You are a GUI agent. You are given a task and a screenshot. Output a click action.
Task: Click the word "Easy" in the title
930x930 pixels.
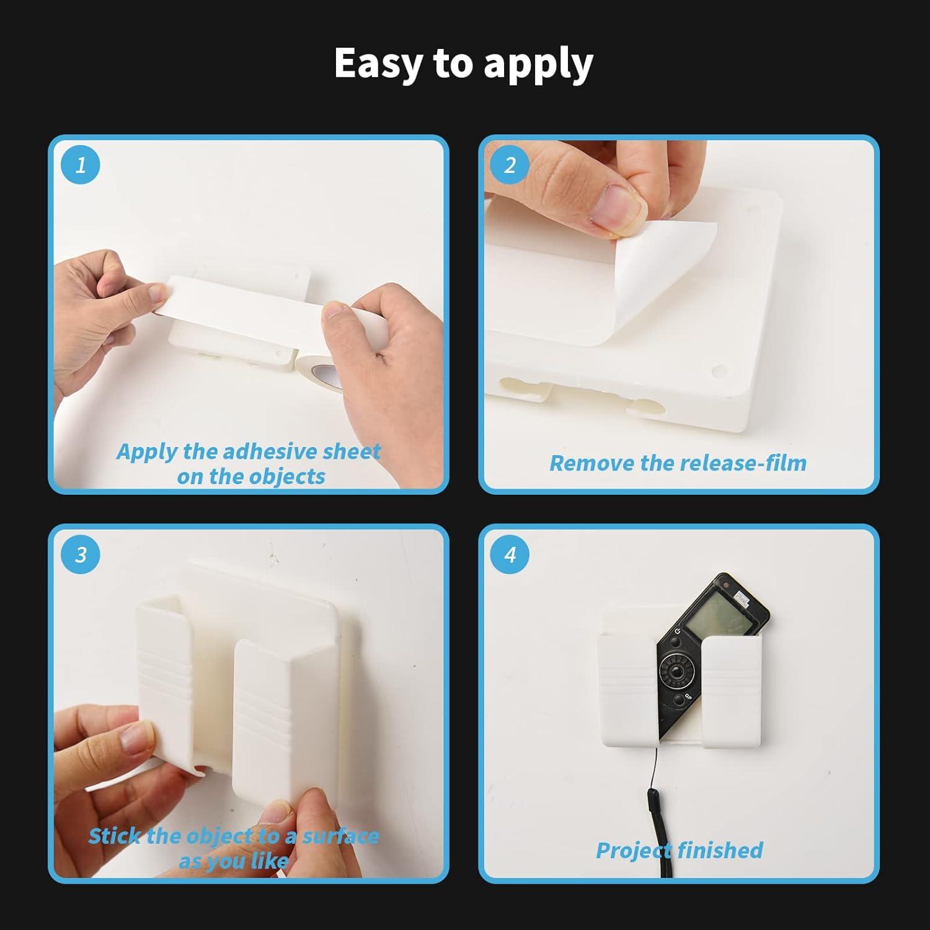pyautogui.click(x=378, y=63)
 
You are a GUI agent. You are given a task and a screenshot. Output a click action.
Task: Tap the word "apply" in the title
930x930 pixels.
pyautogui.click(x=538, y=66)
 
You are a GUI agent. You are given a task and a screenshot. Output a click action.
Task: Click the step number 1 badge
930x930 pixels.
pyautogui.click(x=81, y=165)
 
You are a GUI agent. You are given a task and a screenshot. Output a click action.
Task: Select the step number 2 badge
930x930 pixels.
pyautogui.click(x=510, y=165)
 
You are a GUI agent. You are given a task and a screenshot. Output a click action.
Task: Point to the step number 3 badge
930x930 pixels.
pyautogui.click(x=81, y=554)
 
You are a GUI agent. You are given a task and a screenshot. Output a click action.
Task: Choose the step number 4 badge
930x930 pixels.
pyautogui.click(x=510, y=554)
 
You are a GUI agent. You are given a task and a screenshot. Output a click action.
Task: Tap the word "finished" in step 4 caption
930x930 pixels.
pyautogui.click(x=722, y=850)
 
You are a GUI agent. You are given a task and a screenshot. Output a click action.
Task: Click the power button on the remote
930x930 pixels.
pyautogui.click(x=678, y=632)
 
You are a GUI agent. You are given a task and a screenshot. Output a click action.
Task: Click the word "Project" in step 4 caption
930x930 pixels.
pyautogui.click(x=636, y=851)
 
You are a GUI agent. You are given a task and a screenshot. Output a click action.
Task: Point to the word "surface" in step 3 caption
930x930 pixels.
pyautogui.click(x=340, y=836)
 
